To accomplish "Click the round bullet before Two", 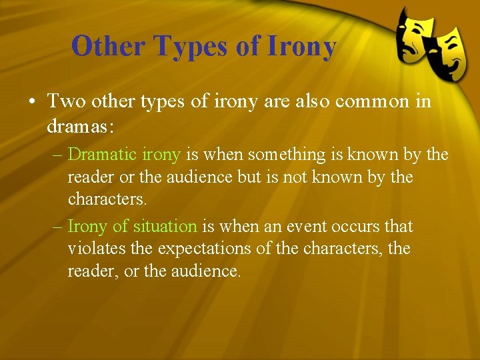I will coord(31,103).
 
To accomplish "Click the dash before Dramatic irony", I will coord(58,155).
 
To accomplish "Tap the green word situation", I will coord(164,226).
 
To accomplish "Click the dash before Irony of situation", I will coord(58,227).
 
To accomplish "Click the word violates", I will coord(91,249).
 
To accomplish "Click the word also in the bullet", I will coord(308,102).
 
